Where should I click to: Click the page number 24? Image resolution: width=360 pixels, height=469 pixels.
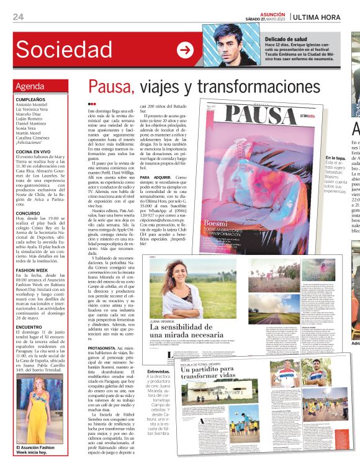(18, 16)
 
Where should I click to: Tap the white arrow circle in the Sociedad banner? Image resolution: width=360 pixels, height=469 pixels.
(185, 50)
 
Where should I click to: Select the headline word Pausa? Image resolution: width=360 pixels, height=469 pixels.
(109, 87)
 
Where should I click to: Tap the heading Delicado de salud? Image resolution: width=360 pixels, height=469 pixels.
(286, 38)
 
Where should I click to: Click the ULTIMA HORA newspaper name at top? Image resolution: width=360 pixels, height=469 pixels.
(316, 16)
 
